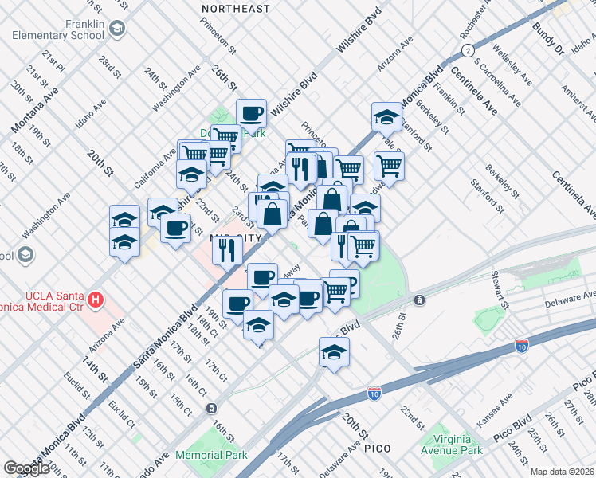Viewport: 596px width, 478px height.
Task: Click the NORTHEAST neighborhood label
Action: click(x=236, y=8)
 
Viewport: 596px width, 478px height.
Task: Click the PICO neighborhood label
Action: click(x=377, y=449)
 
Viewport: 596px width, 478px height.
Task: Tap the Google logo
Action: click(x=26, y=468)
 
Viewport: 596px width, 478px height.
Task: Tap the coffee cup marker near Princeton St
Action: click(x=251, y=114)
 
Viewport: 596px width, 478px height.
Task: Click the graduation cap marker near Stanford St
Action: click(x=386, y=117)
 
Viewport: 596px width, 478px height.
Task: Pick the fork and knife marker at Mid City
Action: click(x=226, y=250)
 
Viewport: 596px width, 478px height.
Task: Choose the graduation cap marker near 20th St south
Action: click(x=334, y=351)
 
